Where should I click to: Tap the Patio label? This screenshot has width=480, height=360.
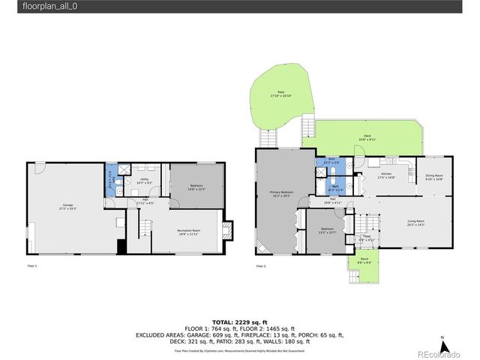coord(280,94)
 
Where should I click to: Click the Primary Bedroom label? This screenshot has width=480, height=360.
coord(282,195)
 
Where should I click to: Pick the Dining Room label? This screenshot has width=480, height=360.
coord(434,177)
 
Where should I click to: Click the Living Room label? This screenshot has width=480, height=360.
coord(416,223)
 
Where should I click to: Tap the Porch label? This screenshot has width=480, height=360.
coord(363,262)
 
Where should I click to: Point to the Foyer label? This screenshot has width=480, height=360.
coord(366,238)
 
